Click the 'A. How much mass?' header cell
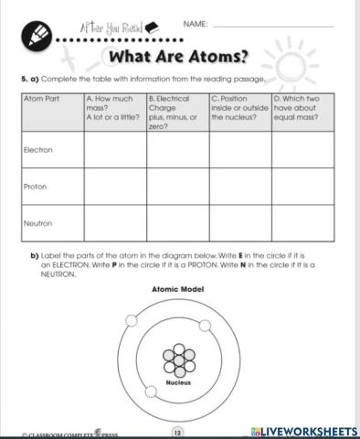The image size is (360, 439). pos(114,108)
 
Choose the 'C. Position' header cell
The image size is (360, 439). pos(239,108)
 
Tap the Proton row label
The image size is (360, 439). pos(36,186)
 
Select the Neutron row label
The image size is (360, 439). pos(38,222)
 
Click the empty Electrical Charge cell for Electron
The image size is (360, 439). pos(177,150)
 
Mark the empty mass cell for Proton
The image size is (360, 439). pos(114,187)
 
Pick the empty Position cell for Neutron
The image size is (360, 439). pos(239,224)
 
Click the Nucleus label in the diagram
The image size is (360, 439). pos(177,381)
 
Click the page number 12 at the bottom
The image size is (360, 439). pos(178,431)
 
